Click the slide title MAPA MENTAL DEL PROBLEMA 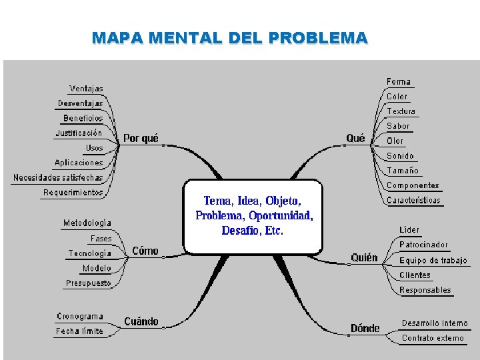tap(229, 38)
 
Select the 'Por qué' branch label tap(141, 139)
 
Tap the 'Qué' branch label tap(355, 139)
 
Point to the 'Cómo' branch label tap(145, 251)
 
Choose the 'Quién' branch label tap(364, 258)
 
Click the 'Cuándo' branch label tap(141, 322)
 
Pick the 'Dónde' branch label tap(365, 328)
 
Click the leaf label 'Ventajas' tap(87, 89)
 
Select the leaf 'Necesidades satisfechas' tap(58, 178)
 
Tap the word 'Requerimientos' tap(73, 193)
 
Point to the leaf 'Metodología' tap(87, 223)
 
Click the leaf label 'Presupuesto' tap(88, 283)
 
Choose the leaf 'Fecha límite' tap(79, 331)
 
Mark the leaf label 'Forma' tap(399, 82)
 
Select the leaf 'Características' tap(413, 201)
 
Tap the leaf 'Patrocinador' tap(423, 245)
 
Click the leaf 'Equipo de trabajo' tap(433, 261)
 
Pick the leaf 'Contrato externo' tap(433, 339)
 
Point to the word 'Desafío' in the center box tap(239, 231)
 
